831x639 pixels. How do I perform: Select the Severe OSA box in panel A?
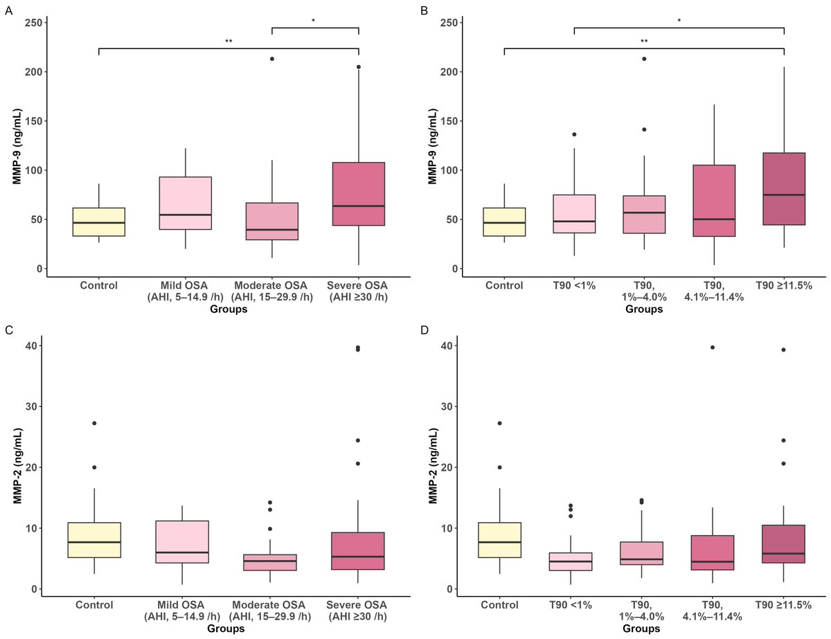click(x=359, y=194)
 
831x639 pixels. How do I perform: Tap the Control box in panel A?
click(x=99, y=222)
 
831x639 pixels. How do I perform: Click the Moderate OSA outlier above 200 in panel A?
click(x=272, y=59)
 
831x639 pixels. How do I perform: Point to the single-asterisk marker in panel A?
click(x=313, y=21)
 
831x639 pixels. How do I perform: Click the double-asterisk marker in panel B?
click(x=644, y=42)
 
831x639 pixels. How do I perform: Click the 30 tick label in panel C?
click(x=32, y=406)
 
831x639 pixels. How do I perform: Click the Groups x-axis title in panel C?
click(x=229, y=629)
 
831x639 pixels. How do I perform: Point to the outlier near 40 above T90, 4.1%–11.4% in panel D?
click(x=714, y=347)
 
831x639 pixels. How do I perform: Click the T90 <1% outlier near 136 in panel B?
click(x=574, y=134)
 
